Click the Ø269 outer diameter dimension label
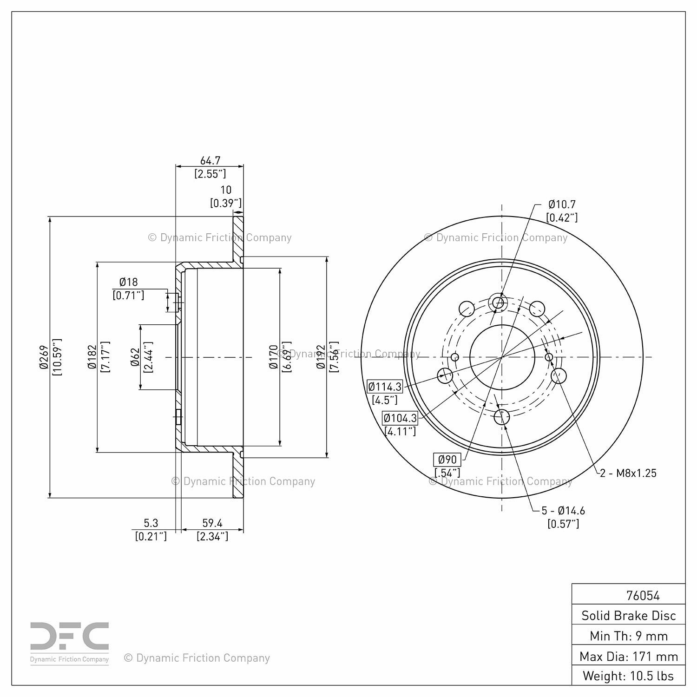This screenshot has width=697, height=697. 44,357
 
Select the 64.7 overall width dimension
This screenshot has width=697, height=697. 210,161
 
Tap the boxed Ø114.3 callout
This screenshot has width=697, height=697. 385,387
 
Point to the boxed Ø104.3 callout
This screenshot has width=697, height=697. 400,418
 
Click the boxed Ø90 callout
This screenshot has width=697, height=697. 447,460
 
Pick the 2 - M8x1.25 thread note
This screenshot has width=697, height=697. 628,473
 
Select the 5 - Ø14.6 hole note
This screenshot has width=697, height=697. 563,511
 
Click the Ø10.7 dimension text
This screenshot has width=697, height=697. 562,204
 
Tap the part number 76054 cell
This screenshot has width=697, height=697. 643,595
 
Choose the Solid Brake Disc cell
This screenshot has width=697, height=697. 629,616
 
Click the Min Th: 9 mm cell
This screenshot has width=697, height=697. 629,636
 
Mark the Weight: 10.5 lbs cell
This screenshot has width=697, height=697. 629,676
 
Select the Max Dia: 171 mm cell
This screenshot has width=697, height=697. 629,656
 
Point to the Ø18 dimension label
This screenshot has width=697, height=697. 128,282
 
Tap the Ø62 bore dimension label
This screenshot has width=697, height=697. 135,357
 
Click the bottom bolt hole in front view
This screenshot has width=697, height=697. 501,416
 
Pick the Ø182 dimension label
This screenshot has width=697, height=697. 92,357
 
